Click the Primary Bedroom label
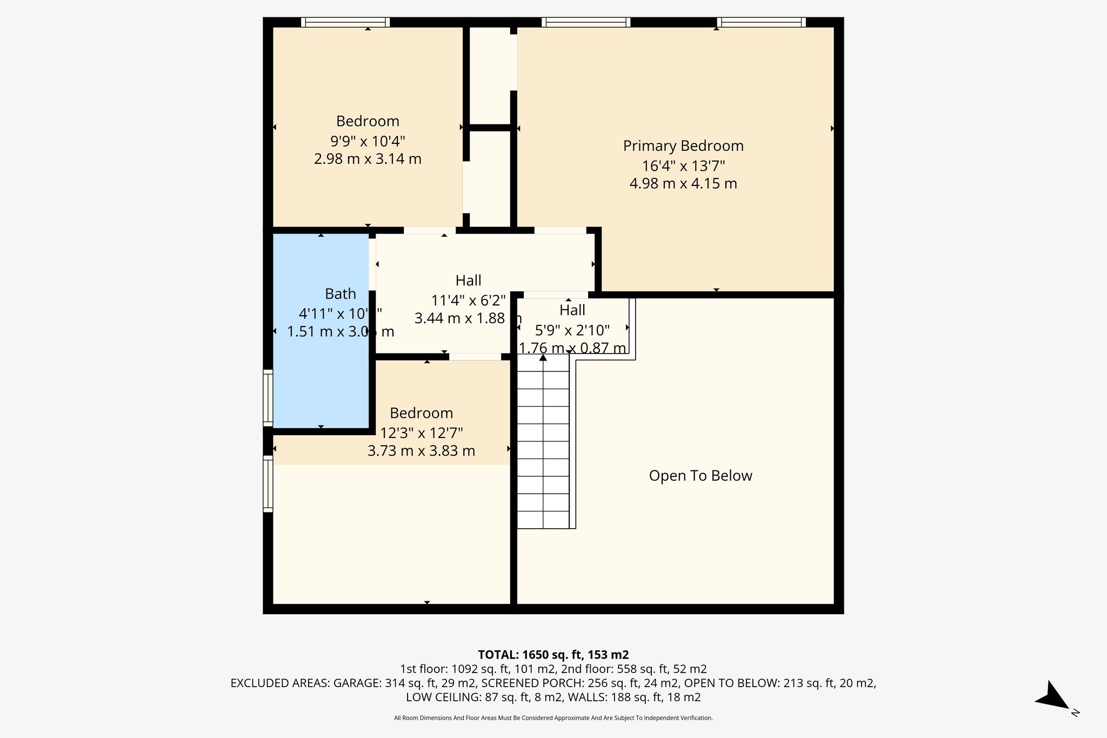click(x=683, y=146)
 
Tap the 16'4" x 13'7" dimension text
click(x=683, y=165)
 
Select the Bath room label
click(x=340, y=294)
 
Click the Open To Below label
click(x=701, y=476)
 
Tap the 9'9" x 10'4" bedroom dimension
click(x=368, y=141)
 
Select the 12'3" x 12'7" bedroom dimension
click(x=421, y=433)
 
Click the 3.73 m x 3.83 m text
click(x=421, y=451)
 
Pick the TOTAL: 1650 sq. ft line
click(x=553, y=655)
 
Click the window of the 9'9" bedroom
click(x=345, y=22)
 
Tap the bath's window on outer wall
click(x=268, y=398)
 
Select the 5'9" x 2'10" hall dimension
click(x=572, y=330)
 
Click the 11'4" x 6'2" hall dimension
click(x=468, y=300)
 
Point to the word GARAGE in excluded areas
click(x=357, y=683)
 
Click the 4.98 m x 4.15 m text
click(x=683, y=184)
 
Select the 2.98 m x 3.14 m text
click(x=368, y=159)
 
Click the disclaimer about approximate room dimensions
click(x=553, y=718)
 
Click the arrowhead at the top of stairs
click(x=543, y=357)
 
